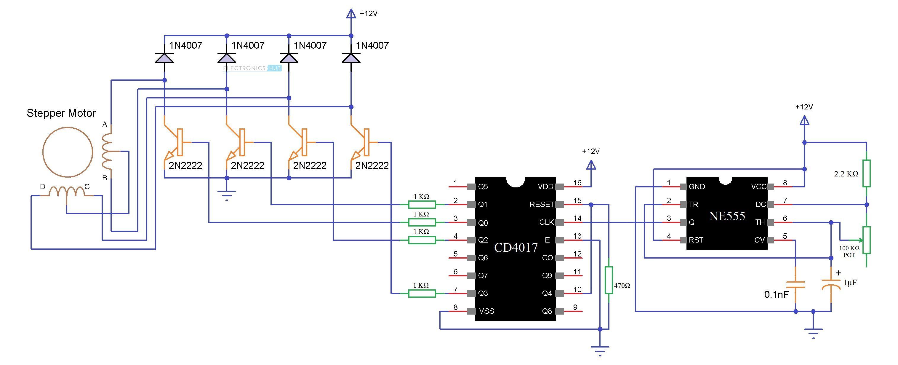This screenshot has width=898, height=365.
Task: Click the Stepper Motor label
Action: (61, 113)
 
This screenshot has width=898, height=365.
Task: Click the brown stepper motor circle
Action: (68, 152)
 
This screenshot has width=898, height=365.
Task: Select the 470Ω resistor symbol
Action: (609, 280)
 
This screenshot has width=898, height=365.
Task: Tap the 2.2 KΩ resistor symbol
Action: (867, 173)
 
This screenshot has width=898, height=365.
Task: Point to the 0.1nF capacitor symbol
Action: (795, 284)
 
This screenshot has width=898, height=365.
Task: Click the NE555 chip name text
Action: (727, 216)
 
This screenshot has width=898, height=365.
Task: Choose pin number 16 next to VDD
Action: (577, 183)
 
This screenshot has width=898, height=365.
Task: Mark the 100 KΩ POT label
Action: (849, 251)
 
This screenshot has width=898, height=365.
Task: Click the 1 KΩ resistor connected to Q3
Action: (422, 294)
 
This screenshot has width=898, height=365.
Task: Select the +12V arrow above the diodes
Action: (351, 14)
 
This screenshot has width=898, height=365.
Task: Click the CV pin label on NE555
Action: (759, 240)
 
